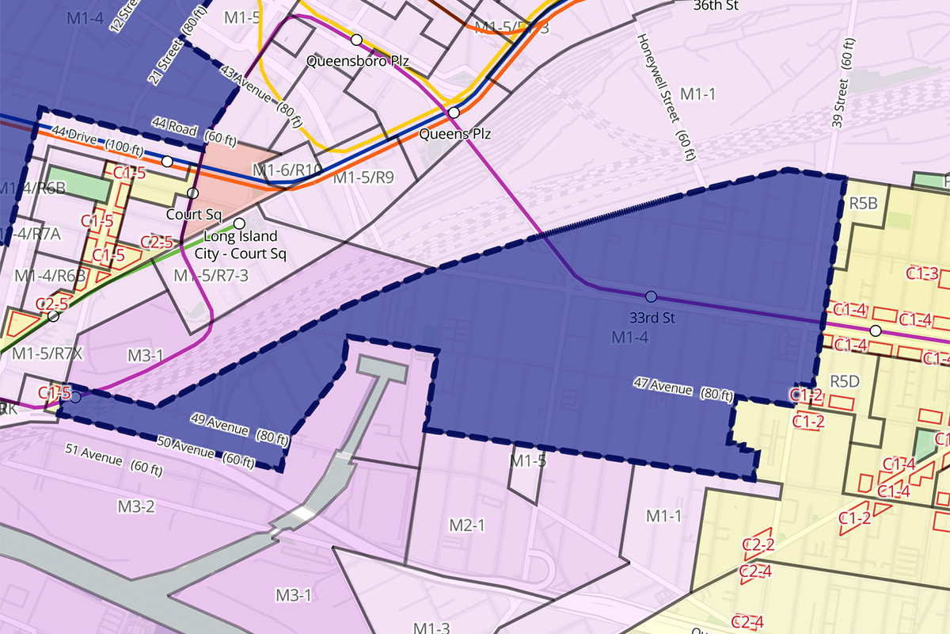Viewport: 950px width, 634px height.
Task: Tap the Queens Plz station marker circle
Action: [x=454, y=113]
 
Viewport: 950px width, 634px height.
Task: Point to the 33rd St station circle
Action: [x=651, y=296]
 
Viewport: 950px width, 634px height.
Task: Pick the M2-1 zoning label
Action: [x=466, y=525]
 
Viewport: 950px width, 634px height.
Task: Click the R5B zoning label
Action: [x=864, y=204]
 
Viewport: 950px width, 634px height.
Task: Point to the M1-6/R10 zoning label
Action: [x=287, y=170]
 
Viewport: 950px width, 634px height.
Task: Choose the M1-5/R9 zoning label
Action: [x=363, y=178]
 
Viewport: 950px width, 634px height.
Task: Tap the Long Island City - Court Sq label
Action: [x=241, y=245]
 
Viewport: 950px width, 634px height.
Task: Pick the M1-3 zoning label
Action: [x=431, y=628]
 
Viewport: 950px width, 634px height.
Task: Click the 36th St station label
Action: [x=715, y=5]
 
